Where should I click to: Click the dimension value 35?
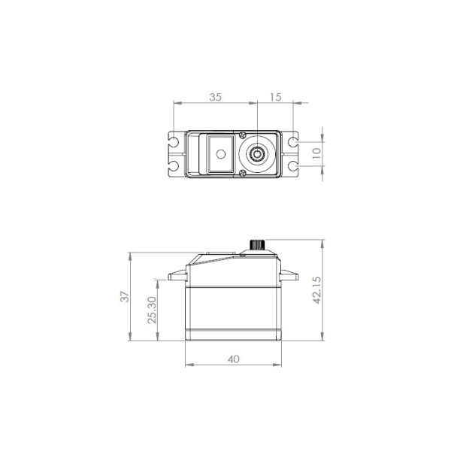[215, 97]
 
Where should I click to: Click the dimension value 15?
[275, 97]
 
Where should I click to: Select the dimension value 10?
[316, 153]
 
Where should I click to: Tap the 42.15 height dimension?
[316, 290]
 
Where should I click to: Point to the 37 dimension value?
[125, 297]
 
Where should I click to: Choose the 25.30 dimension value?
[152, 310]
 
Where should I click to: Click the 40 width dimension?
[233, 359]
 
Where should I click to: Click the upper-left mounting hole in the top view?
[174, 142]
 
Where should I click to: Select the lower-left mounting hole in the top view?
[174, 166]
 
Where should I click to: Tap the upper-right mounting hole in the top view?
[292, 142]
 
